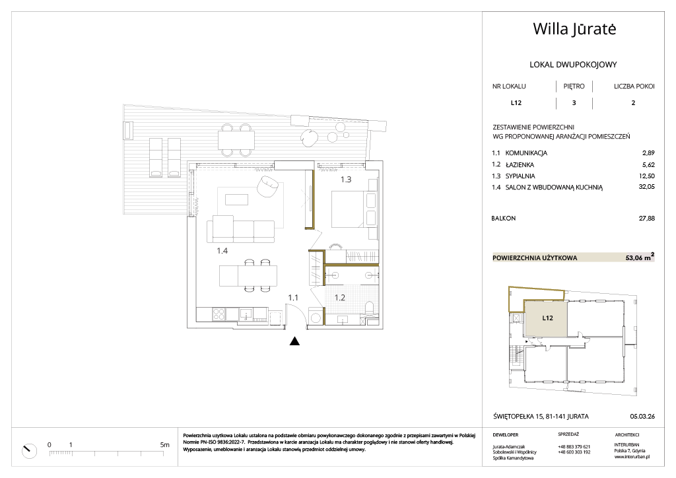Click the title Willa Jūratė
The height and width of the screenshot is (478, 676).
click(574, 29)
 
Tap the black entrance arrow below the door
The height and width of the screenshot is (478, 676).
click(294, 341)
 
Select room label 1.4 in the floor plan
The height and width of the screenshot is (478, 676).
click(222, 250)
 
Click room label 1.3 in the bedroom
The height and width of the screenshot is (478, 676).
click(346, 180)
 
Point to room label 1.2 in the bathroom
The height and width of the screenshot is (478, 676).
click(340, 297)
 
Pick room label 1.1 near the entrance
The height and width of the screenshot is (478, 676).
click(293, 297)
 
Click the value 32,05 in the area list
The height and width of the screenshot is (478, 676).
click(646, 187)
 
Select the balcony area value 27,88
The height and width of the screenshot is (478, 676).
click(646, 218)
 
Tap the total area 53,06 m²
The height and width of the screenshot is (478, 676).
click(640, 257)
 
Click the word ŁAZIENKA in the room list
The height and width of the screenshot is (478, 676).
click(520, 164)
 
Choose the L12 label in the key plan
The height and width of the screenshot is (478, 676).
click(547, 318)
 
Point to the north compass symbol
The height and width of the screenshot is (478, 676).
click(29, 450)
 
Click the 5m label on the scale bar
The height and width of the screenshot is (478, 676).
click(164, 445)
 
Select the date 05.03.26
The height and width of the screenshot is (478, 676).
click(642, 417)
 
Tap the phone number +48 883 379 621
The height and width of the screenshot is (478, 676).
click(574, 446)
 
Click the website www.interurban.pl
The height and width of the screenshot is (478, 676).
click(632, 456)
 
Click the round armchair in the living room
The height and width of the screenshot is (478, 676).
click(268, 186)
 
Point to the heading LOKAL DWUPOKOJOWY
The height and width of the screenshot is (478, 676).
click(573, 65)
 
